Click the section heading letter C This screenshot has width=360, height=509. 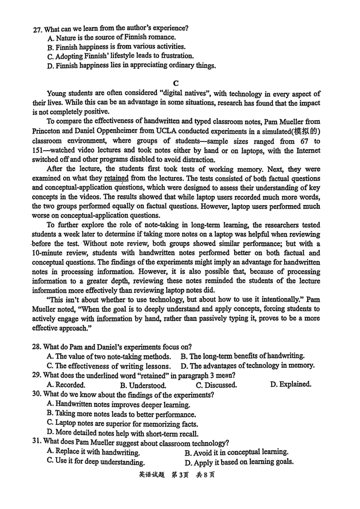tap(175, 83)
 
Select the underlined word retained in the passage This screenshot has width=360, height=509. tap(116, 178)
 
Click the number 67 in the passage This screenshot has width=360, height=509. tap(297, 141)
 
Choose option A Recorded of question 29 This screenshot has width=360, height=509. tap(66, 385)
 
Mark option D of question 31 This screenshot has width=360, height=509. tap(239, 462)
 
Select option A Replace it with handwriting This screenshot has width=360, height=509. tap(93, 452)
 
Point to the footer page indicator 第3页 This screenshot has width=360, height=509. tap(180, 475)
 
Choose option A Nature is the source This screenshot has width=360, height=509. tap(112, 38)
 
